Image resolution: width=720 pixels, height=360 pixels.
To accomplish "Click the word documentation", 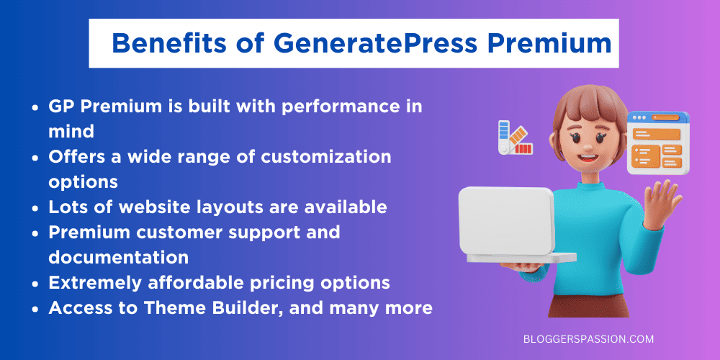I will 119,257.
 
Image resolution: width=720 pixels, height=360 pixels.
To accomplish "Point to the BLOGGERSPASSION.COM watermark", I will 588,339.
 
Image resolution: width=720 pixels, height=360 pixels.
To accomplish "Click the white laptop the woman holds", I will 508,223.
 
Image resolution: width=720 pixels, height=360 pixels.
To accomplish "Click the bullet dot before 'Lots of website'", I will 36,208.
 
